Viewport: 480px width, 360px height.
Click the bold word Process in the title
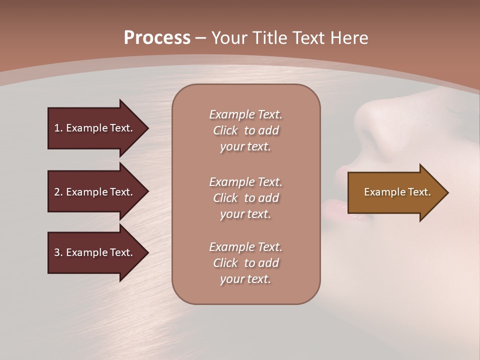pyautogui.click(x=157, y=38)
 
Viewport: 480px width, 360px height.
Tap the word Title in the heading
pyautogui.click(x=270, y=38)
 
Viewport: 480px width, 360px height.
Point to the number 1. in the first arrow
pyautogui.click(x=58, y=128)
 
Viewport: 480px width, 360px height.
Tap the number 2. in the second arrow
pyautogui.click(x=58, y=192)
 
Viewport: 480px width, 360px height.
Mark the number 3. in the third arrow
pyautogui.click(x=58, y=252)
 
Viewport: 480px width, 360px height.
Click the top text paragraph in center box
pyautogui.click(x=245, y=130)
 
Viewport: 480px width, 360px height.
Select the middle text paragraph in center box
pyautogui.click(x=245, y=198)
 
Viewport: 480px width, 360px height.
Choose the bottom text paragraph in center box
pyautogui.click(x=245, y=263)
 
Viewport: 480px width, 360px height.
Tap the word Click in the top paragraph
pyautogui.click(x=225, y=130)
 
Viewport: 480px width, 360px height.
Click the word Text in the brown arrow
pyautogui.click(x=419, y=192)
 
